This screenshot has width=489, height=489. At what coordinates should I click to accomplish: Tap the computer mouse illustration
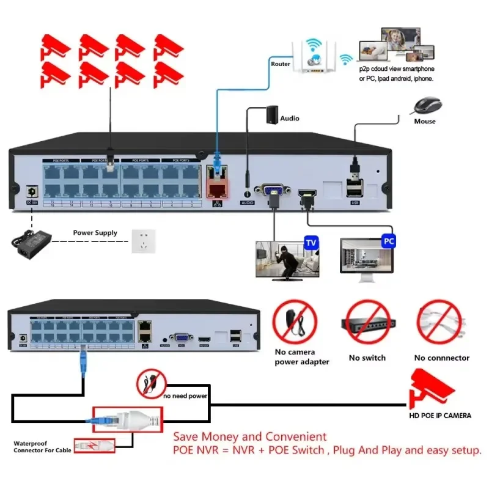pyautogui.click(x=427, y=106)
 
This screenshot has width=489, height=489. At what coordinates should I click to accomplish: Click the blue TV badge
pyautogui.click(x=312, y=243)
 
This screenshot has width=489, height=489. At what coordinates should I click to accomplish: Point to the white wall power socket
pyautogui.click(x=144, y=241)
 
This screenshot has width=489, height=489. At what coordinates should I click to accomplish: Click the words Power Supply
pyautogui.click(x=95, y=233)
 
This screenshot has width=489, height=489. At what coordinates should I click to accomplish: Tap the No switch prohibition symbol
pyautogui.click(x=367, y=323)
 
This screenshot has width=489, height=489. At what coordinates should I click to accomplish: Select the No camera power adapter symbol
pyautogui.click(x=295, y=323)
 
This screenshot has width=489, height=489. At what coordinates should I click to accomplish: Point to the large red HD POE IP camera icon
pyautogui.click(x=432, y=389)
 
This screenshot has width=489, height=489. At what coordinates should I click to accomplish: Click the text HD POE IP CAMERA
pyautogui.click(x=440, y=416)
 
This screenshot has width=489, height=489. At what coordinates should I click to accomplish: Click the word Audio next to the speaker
pyautogui.click(x=290, y=118)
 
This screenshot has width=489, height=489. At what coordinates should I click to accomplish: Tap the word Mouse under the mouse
pyautogui.click(x=425, y=122)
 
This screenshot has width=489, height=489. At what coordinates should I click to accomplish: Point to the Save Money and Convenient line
pyautogui.click(x=250, y=437)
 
